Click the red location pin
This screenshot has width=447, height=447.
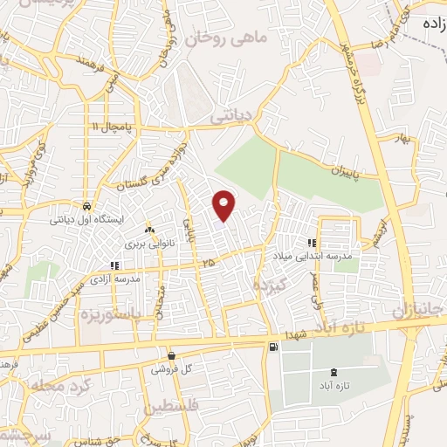(x=224, y=205)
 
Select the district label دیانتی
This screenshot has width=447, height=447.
(x=232, y=113)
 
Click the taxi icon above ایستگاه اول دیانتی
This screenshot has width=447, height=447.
(x=87, y=206)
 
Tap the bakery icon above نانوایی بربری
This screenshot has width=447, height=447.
(x=149, y=230)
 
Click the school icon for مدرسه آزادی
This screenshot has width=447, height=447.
(x=113, y=265)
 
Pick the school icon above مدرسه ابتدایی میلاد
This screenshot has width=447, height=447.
(x=312, y=242)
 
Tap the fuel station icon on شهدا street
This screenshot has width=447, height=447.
(x=275, y=347)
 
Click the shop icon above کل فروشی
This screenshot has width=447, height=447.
(x=171, y=356)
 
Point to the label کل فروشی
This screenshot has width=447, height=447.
(x=171, y=369)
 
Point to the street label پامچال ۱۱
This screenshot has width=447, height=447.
(x=113, y=127)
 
